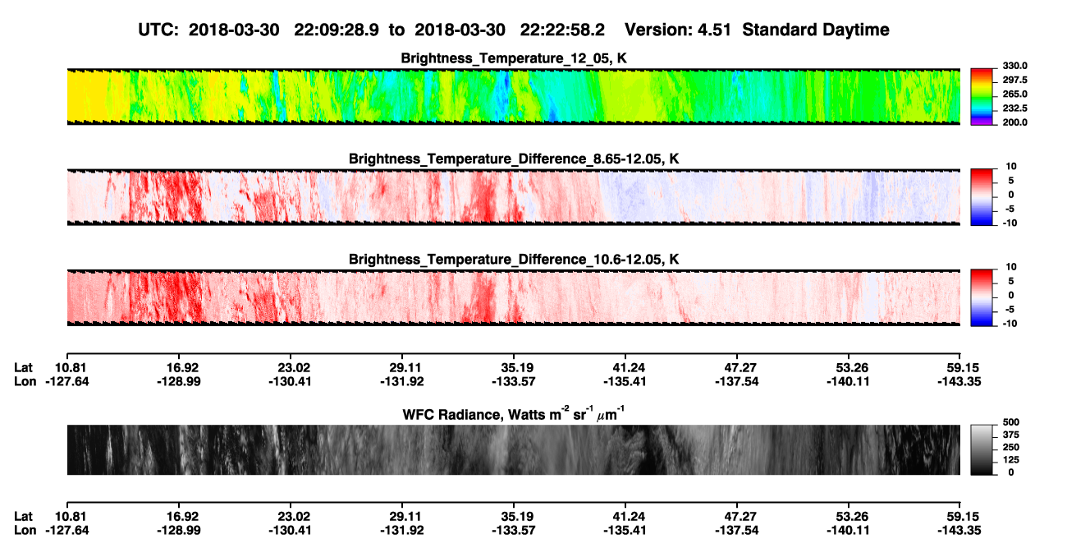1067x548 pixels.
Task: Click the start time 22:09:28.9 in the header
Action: click(x=337, y=30)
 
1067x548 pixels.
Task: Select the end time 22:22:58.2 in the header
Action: click(x=562, y=30)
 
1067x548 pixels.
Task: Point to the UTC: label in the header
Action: click(x=158, y=30)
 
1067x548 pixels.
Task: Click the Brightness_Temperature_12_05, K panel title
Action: click(x=514, y=58)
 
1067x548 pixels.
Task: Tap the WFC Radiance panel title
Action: click(x=514, y=414)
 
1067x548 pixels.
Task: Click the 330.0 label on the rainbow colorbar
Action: click(x=1014, y=66)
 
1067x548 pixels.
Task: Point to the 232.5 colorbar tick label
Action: click(x=1014, y=108)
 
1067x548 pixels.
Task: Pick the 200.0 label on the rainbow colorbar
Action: click(x=1014, y=122)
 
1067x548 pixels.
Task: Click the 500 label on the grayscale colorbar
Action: click(x=1011, y=422)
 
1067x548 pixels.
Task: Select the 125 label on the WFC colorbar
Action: click(x=1011, y=460)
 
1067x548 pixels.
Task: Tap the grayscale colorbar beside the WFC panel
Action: click(x=982, y=449)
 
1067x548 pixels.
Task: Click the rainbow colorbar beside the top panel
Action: click(x=982, y=97)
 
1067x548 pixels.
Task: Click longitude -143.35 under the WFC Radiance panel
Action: click(x=959, y=531)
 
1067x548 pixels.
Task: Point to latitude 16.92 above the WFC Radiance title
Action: click(x=182, y=368)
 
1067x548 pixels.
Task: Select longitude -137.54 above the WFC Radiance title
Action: click(x=736, y=381)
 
